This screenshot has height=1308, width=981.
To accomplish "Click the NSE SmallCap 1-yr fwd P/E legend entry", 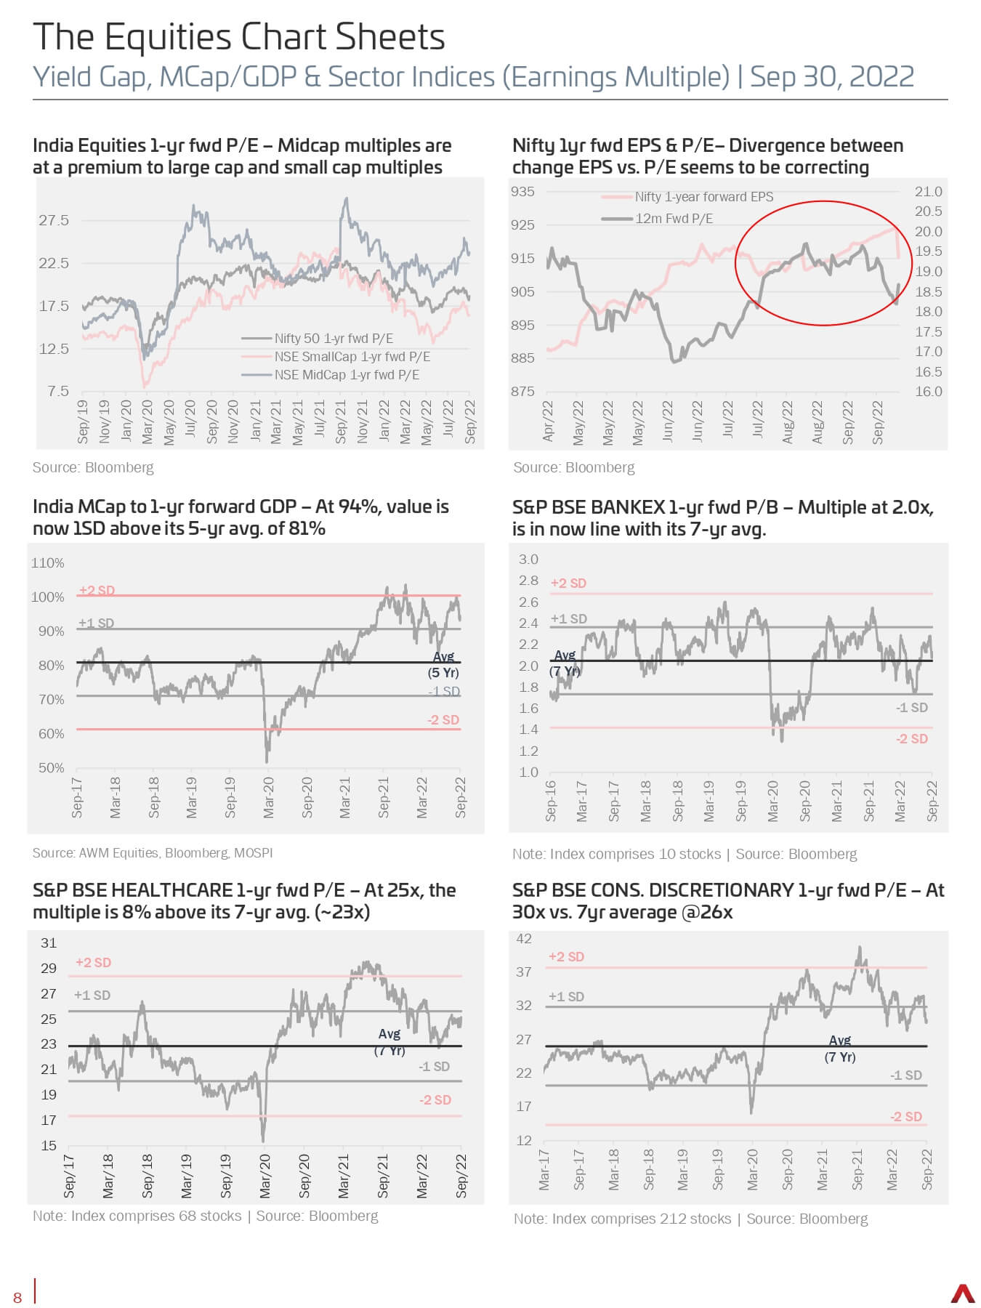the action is [336, 357].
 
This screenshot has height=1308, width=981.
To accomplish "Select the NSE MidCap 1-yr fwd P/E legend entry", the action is [331, 375].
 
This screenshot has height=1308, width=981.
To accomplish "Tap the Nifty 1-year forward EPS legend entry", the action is [687, 197].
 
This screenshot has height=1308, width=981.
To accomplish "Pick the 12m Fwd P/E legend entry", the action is [657, 219].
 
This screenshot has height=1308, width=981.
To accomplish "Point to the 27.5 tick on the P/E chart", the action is [54, 220].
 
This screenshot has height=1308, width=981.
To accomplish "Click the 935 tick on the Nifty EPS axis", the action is [522, 192].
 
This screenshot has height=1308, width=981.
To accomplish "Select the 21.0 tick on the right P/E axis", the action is [928, 192].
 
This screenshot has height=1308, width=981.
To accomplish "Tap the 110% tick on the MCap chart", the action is [48, 563].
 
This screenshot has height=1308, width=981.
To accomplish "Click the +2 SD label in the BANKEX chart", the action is [568, 583].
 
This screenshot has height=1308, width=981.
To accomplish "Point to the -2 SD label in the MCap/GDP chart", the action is [443, 720].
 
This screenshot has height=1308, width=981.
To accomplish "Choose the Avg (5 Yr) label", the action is [443, 665].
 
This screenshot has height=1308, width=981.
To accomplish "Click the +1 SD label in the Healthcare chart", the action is [92, 996].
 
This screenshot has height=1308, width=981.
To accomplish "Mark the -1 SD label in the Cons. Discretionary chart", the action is [906, 1075].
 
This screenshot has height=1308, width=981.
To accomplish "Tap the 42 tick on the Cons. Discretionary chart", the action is [524, 939].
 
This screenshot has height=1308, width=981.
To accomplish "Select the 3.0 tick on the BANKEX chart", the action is [528, 560].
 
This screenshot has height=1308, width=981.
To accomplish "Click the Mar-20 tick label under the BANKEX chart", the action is [772, 802].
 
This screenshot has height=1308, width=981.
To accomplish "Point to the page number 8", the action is [17, 1299].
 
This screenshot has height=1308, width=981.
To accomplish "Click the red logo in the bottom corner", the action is [963, 1294].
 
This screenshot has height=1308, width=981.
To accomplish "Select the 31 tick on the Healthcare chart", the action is [49, 943].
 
